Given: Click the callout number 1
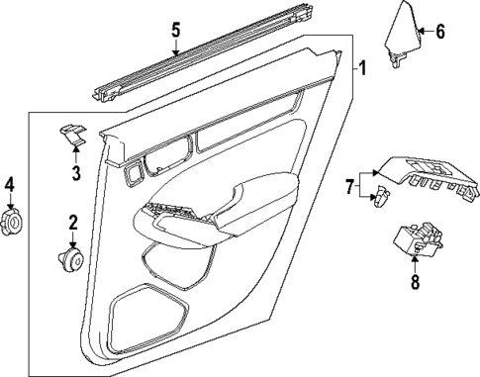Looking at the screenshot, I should coord(363,68).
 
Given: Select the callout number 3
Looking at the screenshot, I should coord(75,175).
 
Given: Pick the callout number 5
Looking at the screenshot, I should coord(175,29).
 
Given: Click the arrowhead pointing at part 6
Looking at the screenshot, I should coord(422,31).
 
